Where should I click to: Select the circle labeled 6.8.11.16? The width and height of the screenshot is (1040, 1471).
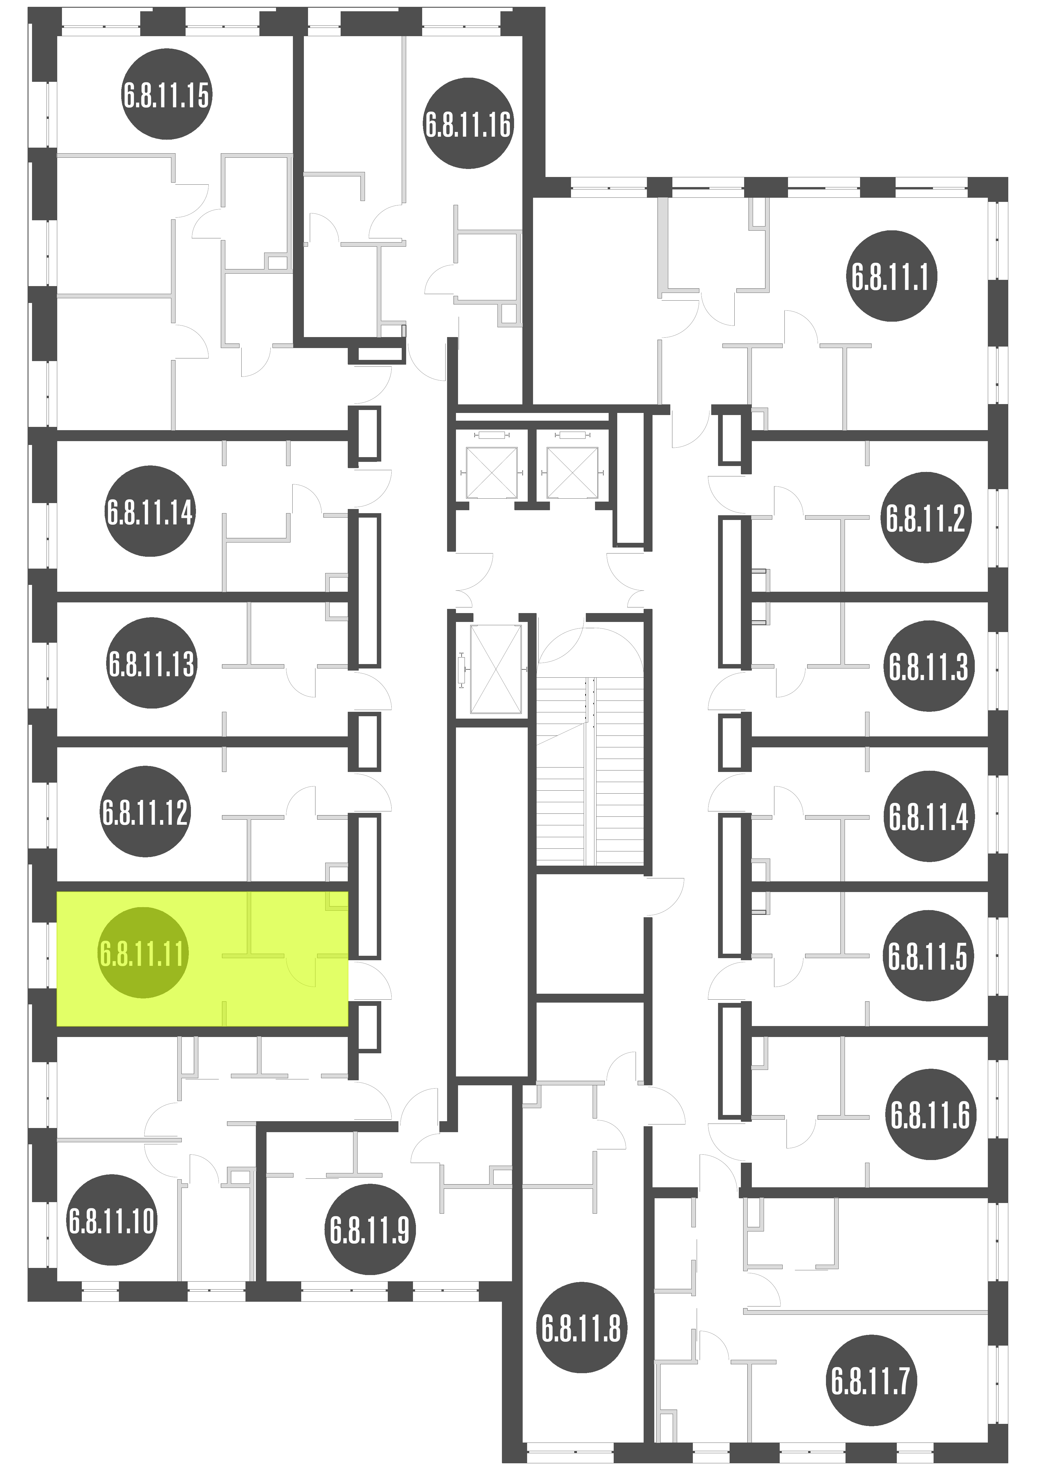468,124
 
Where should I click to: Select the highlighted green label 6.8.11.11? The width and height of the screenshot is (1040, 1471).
143,953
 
